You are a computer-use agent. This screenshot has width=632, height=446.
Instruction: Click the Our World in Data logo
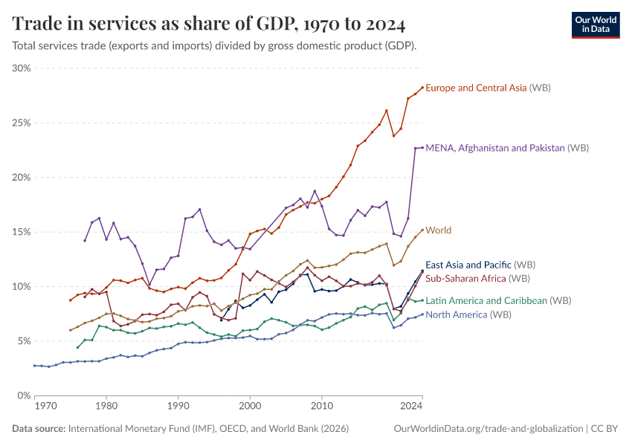coord(595,24)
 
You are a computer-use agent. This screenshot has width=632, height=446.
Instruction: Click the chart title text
coord(209,24)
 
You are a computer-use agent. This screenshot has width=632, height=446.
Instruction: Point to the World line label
coord(439,230)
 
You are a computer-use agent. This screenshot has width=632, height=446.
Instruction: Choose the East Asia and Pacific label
coord(480,265)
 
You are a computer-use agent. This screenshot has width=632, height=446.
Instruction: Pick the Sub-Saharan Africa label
coord(477,278)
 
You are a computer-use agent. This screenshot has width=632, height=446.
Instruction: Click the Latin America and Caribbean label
coord(498,301)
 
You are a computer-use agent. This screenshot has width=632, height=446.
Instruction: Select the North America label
coord(477,314)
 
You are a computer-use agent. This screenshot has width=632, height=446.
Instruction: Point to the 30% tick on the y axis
coord(21,68)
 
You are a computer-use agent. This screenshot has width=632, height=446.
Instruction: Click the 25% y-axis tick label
coord(21,123)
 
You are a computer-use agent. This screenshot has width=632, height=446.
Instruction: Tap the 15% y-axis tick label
coord(21,232)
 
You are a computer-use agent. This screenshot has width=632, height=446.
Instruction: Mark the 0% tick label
coord(23,395)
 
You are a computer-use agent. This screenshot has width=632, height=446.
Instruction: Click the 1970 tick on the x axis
coord(46,407)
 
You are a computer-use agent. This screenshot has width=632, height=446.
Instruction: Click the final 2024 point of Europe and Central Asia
coord(422,88)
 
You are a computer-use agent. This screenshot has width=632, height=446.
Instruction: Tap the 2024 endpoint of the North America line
coord(422,314)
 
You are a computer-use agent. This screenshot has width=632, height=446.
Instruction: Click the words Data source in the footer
coord(39,429)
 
